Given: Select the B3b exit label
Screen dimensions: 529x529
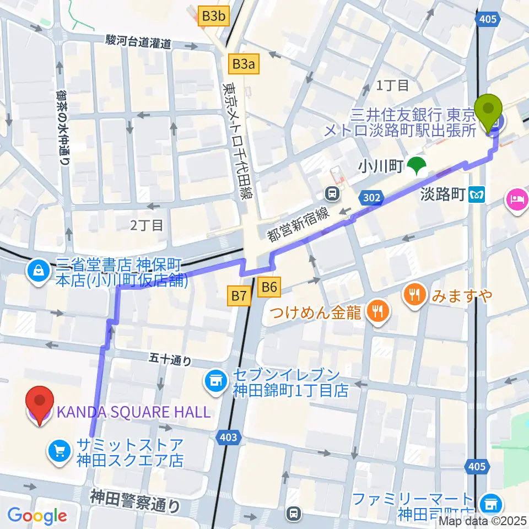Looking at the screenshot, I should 213,17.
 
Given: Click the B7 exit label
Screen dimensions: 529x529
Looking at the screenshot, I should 239,296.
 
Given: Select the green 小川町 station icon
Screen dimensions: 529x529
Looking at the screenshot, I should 419,165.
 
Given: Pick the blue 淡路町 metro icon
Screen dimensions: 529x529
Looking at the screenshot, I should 476,195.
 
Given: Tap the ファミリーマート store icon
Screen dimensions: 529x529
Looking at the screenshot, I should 489,503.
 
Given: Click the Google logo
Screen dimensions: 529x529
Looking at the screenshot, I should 37,516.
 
